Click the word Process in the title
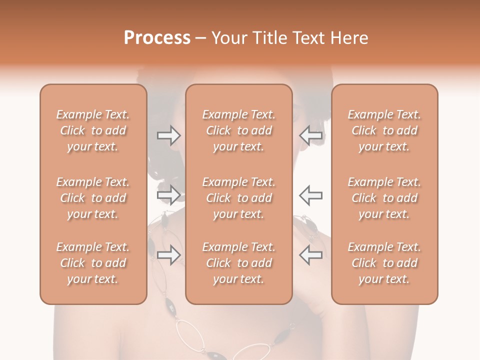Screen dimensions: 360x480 coord(157,38)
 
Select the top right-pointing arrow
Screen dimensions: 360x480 coord(168,135)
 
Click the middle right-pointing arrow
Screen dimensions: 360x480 coord(168,195)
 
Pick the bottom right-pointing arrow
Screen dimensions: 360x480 coord(168,255)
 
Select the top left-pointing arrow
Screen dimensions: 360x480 coord(311,135)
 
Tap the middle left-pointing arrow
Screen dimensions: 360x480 coord(311,195)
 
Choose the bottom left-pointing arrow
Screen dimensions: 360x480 coord(311,255)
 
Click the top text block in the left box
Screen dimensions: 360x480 coord(93,130)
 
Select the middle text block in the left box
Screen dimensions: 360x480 coord(93,198)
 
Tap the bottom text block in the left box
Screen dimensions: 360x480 coord(93,263)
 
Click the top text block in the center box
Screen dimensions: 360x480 coord(239,130)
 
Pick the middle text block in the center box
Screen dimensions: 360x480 coord(239,198)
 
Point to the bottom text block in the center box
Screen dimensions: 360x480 coord(239,263)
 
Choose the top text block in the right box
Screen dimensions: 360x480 coord(384,130)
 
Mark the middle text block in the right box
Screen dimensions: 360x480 coord(384,198)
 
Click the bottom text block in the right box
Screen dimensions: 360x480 coord(384,263)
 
